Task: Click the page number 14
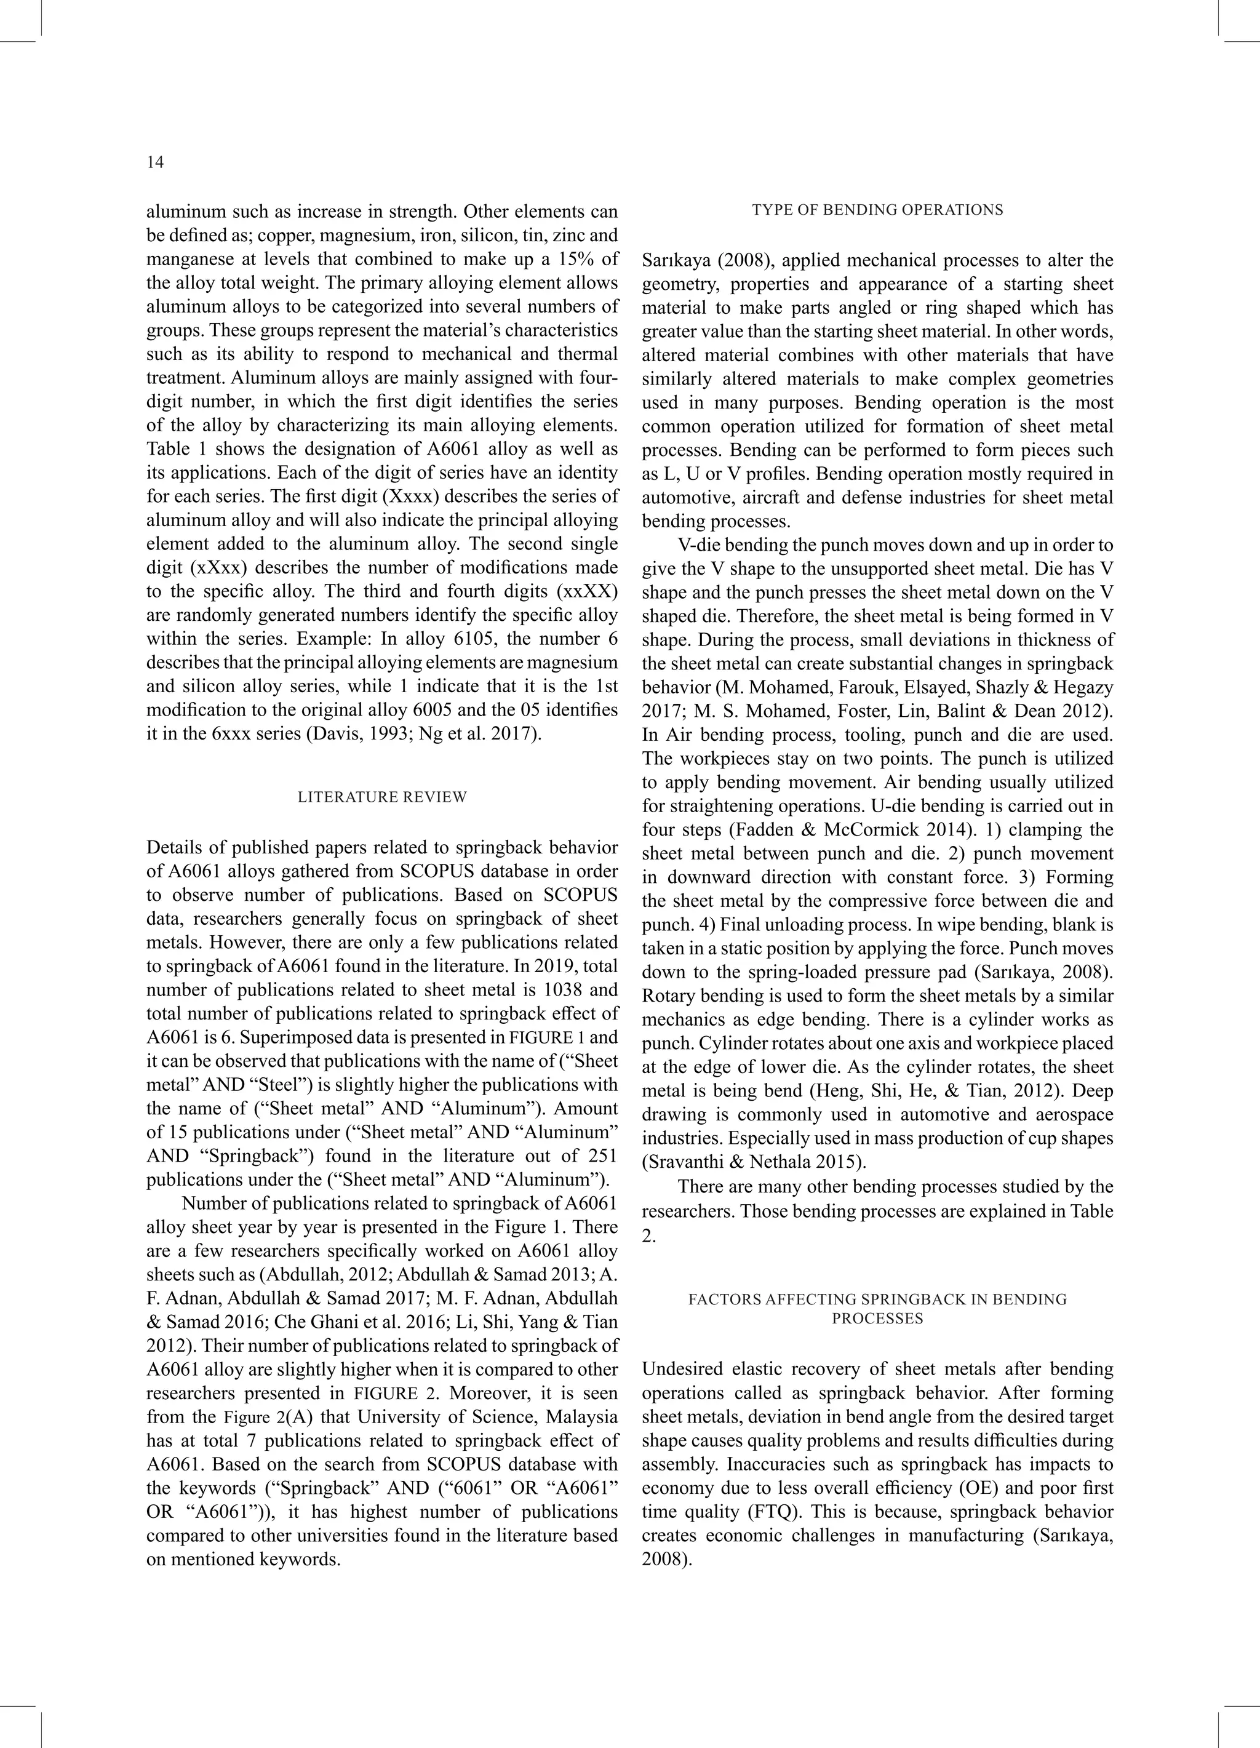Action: pyautogui.click(x=155, y=162)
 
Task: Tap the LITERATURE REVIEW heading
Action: pyautogui.click(x=382, y=797)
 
